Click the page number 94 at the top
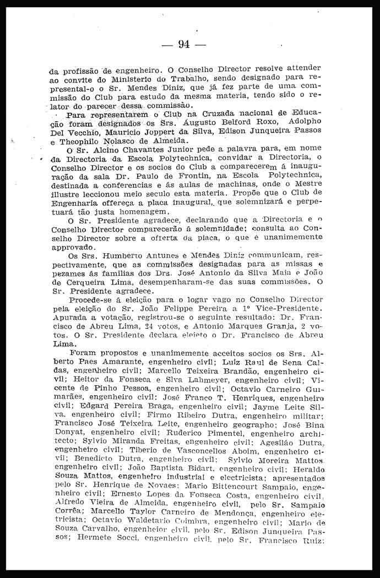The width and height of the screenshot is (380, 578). click(184, 45)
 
